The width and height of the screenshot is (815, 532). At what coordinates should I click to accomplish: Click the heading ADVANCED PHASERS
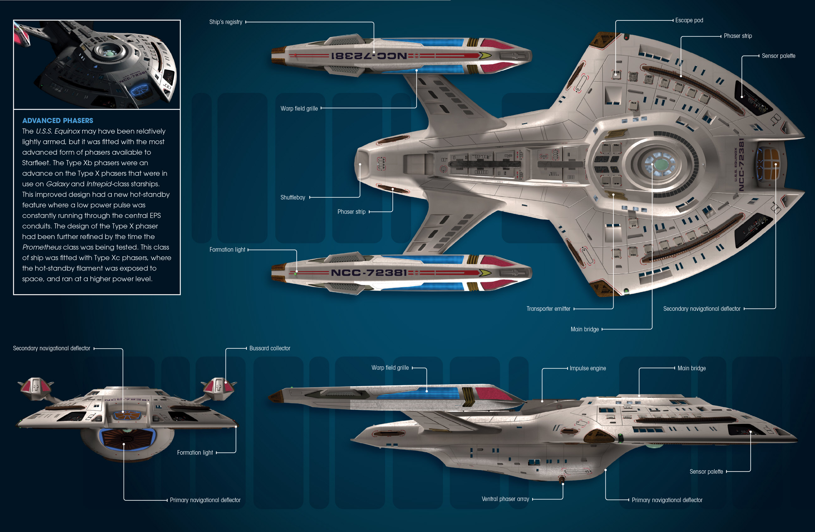(x=57, y=121)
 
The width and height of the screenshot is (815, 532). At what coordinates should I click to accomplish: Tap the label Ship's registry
(x=226, y=22)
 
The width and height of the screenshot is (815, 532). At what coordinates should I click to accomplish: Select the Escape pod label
(x=689, y=20)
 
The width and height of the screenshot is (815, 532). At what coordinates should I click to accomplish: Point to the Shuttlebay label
(x=293, y=197)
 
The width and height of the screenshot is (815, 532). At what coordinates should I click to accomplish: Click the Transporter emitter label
(x=548, y=309)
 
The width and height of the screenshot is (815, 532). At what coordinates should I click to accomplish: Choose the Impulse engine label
(x=587, y=368)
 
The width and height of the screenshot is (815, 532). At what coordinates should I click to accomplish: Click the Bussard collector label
(x=270, y=348)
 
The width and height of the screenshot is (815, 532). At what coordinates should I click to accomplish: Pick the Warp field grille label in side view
(x=390, y=368)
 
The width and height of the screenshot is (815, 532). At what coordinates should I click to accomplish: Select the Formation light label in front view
(x=195, y=453)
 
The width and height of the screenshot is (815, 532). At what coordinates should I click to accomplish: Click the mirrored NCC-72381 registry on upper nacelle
(x=369, y=56)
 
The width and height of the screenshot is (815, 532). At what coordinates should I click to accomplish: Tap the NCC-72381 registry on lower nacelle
(x=369, y=273)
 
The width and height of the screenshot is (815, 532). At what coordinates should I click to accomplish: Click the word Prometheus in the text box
(x=42, y=247)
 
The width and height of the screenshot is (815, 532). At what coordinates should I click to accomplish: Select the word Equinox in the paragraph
(x=67, y=131)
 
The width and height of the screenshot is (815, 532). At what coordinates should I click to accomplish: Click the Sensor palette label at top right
(x=778, y=56)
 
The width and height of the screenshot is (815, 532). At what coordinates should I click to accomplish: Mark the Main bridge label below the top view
(x=585, y=329)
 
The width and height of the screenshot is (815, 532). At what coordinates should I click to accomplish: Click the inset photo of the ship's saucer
(x=97, y=64)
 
